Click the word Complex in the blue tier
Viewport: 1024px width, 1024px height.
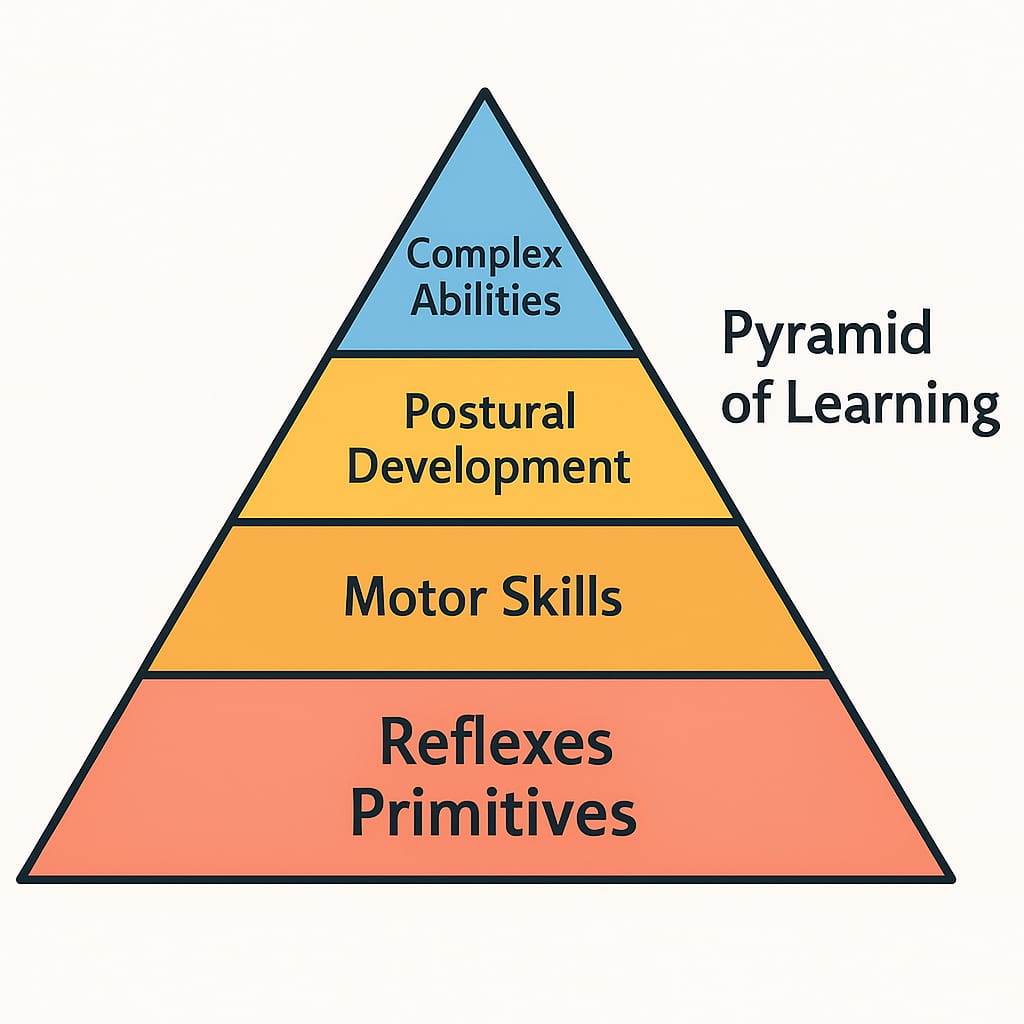[x=484, y=254]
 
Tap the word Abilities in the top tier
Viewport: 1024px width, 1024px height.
[x=485, y=300]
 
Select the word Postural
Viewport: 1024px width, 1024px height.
[x=490, y=411]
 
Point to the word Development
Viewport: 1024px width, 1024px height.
[x=488, y=468]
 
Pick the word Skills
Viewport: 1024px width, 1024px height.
[x=562, y=596]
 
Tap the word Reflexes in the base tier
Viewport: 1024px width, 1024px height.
[x=496, y=742]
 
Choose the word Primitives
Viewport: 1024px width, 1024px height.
[x=493, y=812]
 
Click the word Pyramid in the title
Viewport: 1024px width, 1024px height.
[x=827, y=335]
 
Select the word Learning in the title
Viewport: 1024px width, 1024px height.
[x=892, y=406]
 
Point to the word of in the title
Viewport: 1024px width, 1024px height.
[x=747, y=403]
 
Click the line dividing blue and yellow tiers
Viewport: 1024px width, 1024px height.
[x=486, y=353]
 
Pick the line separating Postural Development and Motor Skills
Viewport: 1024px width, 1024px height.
[x=486, y=522]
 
